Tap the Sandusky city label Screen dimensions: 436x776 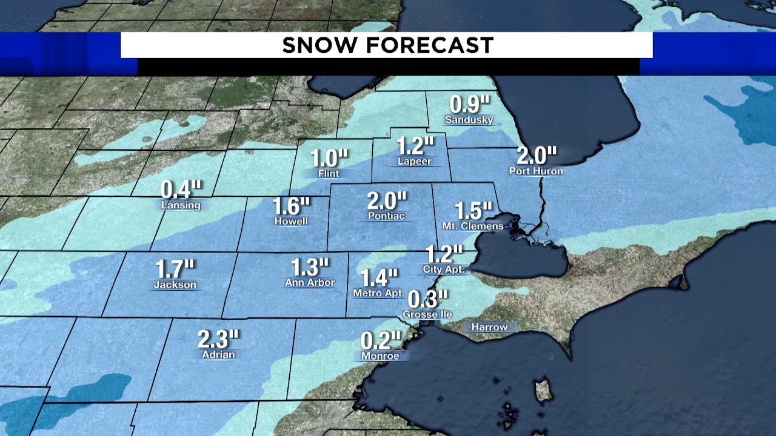pos(469,120)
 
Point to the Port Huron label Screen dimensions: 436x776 pos(536,171)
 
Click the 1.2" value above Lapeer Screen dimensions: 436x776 pos(416,146)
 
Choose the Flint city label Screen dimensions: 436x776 pos(329,173)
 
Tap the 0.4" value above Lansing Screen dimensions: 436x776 pos(180,190)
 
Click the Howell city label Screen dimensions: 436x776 pos(291,222)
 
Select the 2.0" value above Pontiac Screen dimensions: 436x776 pos(387,200)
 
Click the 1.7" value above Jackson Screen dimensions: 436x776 pos(175,268)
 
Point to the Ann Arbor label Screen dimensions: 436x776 pos(310,282)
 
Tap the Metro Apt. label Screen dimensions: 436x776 pos(378,293)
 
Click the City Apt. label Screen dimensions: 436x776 pos(444,269)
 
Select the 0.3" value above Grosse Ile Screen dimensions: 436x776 pos(428,299)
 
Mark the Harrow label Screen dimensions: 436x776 pos(489,327)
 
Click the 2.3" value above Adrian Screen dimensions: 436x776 pos(218,339)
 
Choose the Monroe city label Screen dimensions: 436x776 pos(380,356)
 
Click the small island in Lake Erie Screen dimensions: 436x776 pos(543,391)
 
